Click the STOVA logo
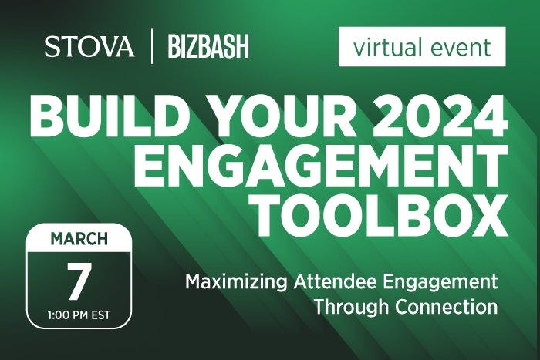tap(89, 46)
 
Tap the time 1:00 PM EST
tap(79, 315)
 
